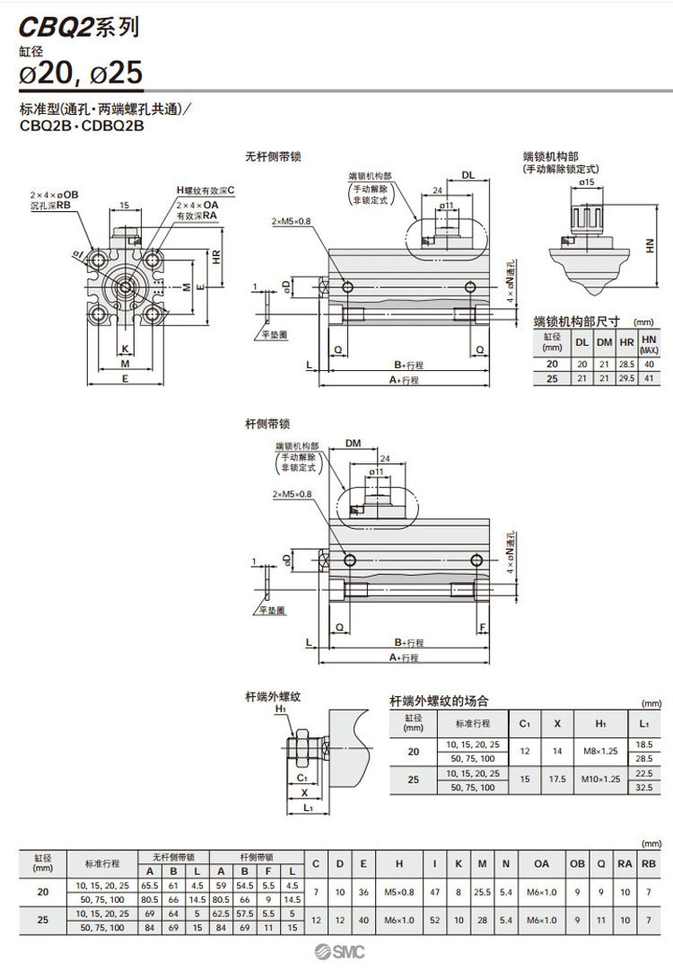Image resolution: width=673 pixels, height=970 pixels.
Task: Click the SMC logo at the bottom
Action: [336, 952]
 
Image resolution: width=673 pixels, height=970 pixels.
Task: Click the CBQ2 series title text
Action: [79, 28]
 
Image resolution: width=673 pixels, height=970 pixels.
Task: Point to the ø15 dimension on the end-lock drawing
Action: [587, 182]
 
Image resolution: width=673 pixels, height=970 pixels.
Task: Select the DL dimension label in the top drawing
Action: [468, 175]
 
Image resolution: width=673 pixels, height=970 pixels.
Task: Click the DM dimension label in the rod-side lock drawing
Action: [352, 443]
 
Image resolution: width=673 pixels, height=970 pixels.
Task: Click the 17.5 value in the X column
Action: [557, 780]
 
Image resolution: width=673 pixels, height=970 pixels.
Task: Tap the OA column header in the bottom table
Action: [541, 864]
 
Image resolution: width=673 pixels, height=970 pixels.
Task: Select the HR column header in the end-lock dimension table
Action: [625, 342]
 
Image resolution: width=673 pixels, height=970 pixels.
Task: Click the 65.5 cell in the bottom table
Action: [149, 886]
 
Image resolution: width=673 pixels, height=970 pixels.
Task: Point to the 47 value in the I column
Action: [434, 893]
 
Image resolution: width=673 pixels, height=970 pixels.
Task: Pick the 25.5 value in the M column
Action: [482, 893]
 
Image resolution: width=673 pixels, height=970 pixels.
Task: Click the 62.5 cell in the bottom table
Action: [221, 913]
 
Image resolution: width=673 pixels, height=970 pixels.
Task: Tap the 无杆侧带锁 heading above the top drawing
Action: [273, 156]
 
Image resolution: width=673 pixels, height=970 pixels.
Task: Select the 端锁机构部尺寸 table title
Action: [569, 321]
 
